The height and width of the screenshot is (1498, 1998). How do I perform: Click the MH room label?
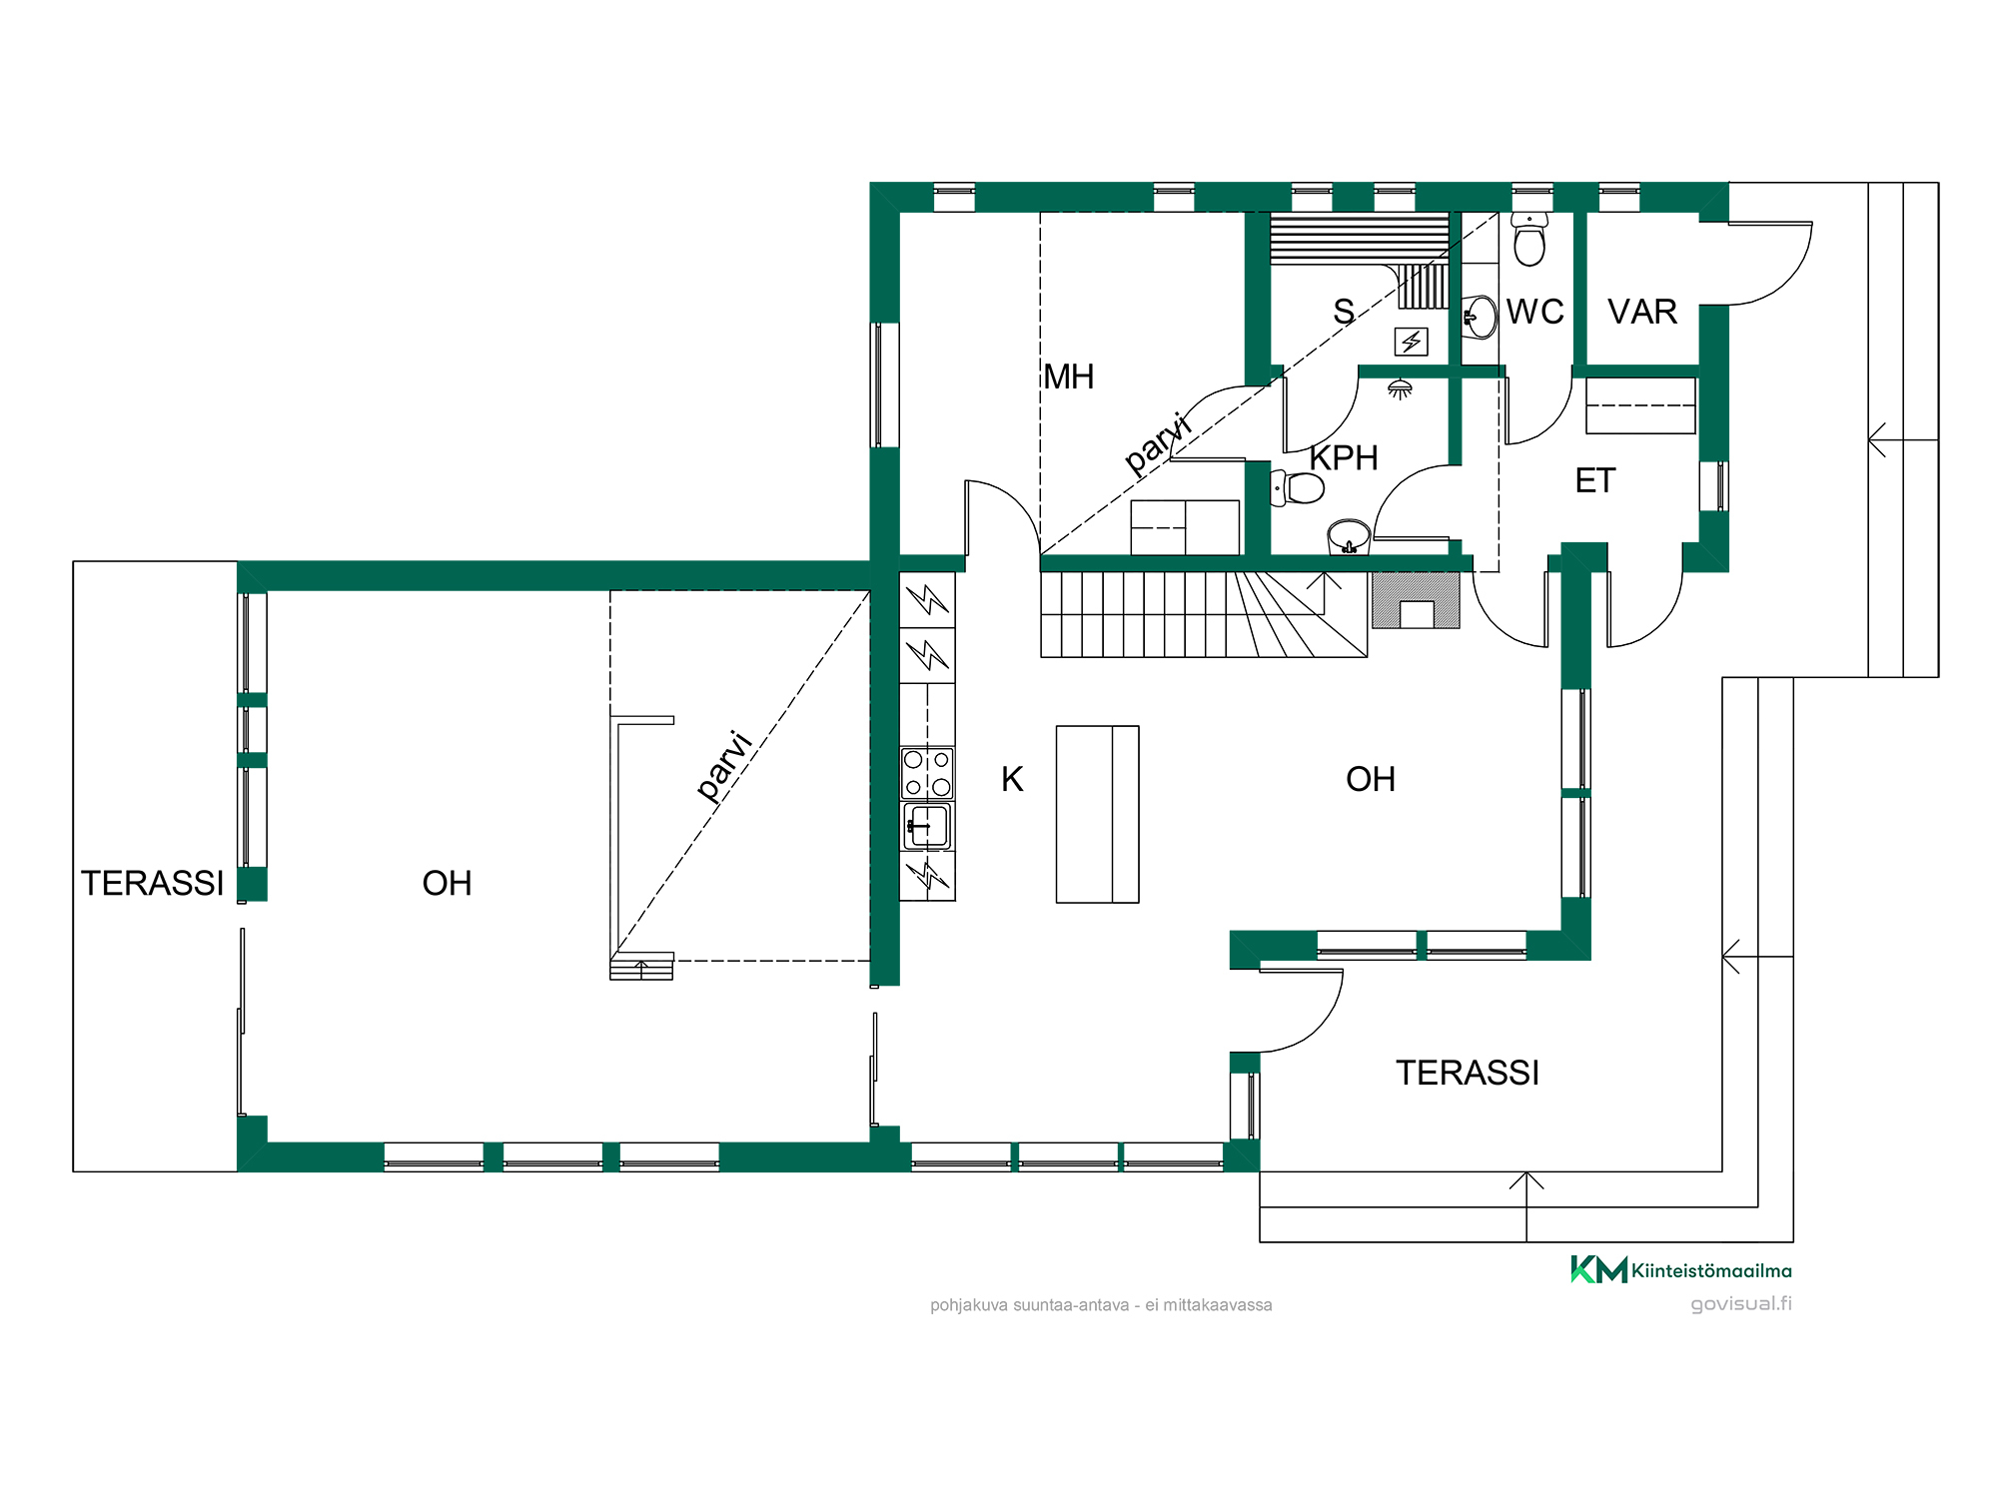click(1069, 376)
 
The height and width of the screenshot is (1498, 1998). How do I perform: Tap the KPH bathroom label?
click(1344, 458)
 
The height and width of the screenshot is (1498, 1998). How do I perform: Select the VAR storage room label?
click(1642, 312)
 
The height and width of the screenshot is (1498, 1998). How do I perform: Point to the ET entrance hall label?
click(1594, 480)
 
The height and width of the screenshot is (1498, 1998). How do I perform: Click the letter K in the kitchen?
click(1012, 779)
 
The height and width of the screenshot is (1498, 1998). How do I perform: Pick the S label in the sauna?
click(1344, 312)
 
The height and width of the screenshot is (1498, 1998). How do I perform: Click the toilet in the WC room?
click(1529, 239)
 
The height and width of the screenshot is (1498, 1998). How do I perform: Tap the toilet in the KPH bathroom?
click(1298, 488)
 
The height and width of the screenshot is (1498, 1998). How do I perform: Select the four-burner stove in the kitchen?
click(927, 773)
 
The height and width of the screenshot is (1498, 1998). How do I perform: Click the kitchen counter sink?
click(927, 826)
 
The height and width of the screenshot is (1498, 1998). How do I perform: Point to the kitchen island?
click(1097, 814)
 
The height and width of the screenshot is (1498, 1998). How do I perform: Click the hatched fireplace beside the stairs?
click(1416, 600)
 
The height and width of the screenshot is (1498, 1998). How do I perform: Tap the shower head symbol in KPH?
click(1400, 388)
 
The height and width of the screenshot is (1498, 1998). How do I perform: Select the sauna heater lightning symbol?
click(1411, 342)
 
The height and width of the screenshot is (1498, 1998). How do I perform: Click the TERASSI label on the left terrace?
click(153, 883)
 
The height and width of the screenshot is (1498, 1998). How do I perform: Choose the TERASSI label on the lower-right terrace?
click(1468, 1073)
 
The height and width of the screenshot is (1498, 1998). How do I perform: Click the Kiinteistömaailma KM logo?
click(1681, 1269)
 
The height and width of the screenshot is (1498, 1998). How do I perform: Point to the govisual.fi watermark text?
click(1741, 1304)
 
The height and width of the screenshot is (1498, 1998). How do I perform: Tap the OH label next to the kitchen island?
click(1371, 779)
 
